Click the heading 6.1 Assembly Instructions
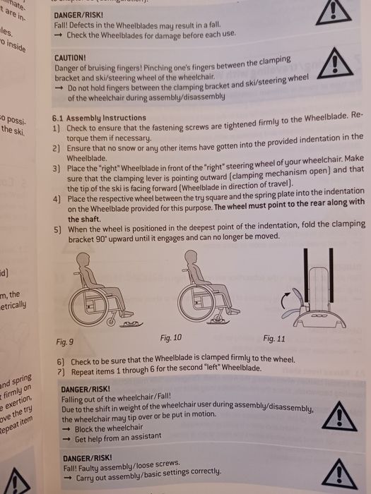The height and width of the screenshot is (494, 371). point(99,119)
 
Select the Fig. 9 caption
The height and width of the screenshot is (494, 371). point(65,342)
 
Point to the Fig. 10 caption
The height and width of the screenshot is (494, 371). point(171,337)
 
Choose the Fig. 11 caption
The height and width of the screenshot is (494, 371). point(274,339)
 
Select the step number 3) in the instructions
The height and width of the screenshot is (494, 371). point(57,169)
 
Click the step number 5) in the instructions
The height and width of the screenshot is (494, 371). point(57,230)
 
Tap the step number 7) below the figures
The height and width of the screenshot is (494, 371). point(61,370)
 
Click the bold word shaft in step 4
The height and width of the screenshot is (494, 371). point(74,219)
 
